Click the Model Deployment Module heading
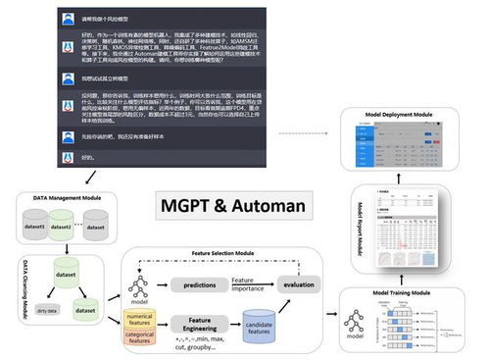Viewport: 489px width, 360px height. click(x=412, y=115)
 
